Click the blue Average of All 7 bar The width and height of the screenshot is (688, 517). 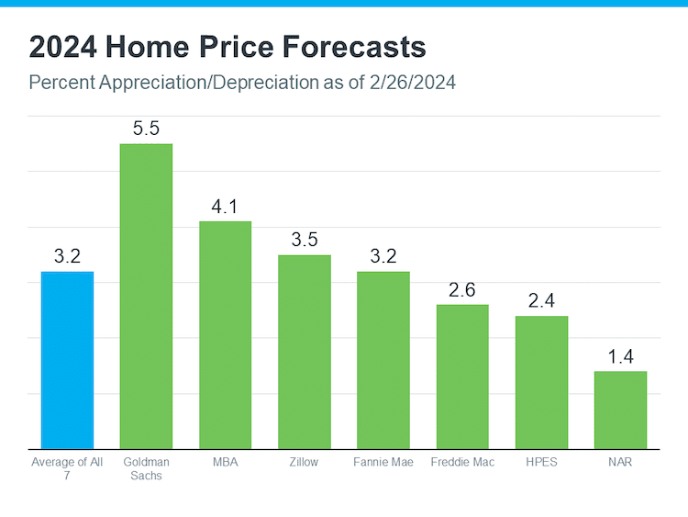pyautogui.click(x=67, y=360)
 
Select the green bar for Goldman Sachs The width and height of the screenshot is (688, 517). pyautogui.click(x=146, y=296)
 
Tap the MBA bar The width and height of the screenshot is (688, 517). pyautogui.click(x=225, y=334)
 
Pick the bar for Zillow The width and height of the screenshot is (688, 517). pyautogui.click(x=304, y=352)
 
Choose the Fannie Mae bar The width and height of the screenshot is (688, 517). pyautogui.click(x=383, y=360)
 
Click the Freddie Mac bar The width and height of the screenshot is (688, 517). pyautogui.click(x=461, y=377)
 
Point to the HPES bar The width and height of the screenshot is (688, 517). pyautogui.click(x=540, y=382)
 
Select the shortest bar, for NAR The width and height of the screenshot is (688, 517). pyautogui.click(x=620, y=410)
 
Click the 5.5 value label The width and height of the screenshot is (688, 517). pyautogui.click(x=146, y=129)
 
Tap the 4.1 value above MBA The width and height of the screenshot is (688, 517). pyautogui.click(x=225, y=207)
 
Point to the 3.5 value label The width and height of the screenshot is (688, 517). pyautogui.click(x=304, y=240)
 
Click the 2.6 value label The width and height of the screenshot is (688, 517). pyautogui.click(x=461, y=290)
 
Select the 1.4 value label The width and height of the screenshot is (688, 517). pyautogui.click(x=620, y=356)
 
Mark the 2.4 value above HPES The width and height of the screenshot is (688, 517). pyautogui.click(x=540, y=301)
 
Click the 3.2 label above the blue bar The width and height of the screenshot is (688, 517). pyautogui.click(x=67, y=256)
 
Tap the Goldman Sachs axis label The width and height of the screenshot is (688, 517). pyautogui.click(x=146, y=468)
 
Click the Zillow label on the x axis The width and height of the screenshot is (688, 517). pyautogui.click(x=304, y=462)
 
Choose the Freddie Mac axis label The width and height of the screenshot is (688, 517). pyautogui.click(x=461, y=462)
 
